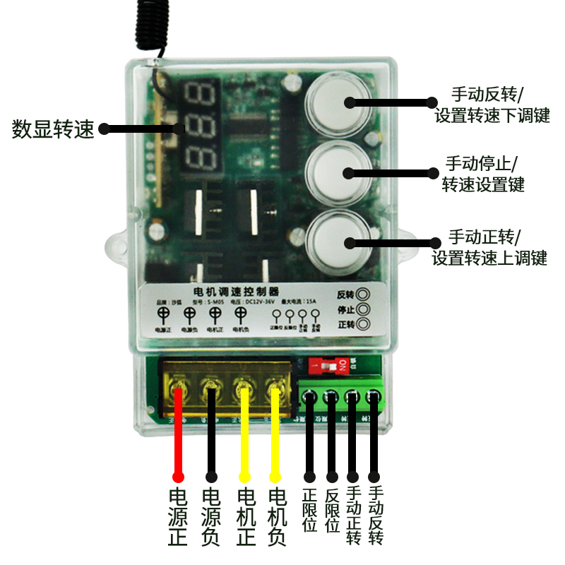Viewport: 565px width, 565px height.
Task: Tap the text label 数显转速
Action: [53, 130]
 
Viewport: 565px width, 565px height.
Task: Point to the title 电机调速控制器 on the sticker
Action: [236, 291]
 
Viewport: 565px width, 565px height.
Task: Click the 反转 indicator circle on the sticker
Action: [364, 295]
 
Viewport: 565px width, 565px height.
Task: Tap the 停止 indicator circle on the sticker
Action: [364, 309]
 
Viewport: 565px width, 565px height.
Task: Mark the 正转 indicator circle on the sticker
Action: [364, 325]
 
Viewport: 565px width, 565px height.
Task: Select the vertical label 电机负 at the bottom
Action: [277, 516]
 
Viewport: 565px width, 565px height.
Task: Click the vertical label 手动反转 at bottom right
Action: [376, 516]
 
